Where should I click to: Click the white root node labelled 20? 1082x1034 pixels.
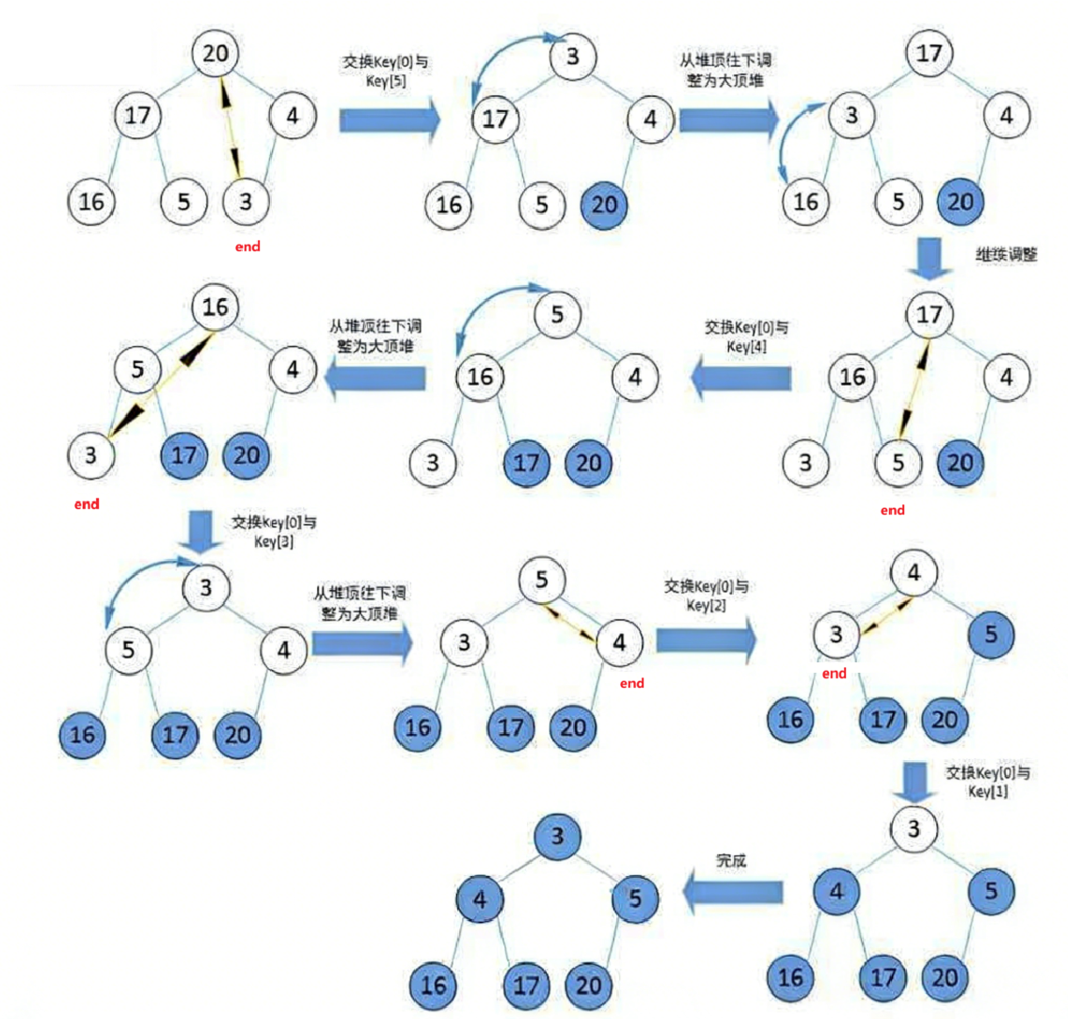tap(215, 53)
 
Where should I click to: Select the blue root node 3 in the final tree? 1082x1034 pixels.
tap(558, 835)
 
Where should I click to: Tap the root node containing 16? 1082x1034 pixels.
tap(215, 307)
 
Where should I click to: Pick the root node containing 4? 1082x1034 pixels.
tap(914, 572)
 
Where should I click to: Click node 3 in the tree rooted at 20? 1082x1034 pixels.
tap(246, 200)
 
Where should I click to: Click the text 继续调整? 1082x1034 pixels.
tap(1006, 254)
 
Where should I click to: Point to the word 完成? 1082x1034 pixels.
tap(731, 860)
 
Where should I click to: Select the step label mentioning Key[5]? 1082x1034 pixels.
tap(385, 72)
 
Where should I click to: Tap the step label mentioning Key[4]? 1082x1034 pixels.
tap(746, 337)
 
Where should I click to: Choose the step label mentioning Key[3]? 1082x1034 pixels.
tap(274, 532)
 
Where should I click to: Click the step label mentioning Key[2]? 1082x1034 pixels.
tap(706, 596)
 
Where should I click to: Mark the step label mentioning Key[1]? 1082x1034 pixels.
tap(987, 782)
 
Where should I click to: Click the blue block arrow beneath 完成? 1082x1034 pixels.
tap(732, 892)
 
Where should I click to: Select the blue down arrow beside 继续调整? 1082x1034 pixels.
tap(931, 258)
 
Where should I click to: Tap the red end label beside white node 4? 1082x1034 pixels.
tap(631, 683)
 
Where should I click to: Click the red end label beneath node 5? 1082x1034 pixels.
tap(892, 510)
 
